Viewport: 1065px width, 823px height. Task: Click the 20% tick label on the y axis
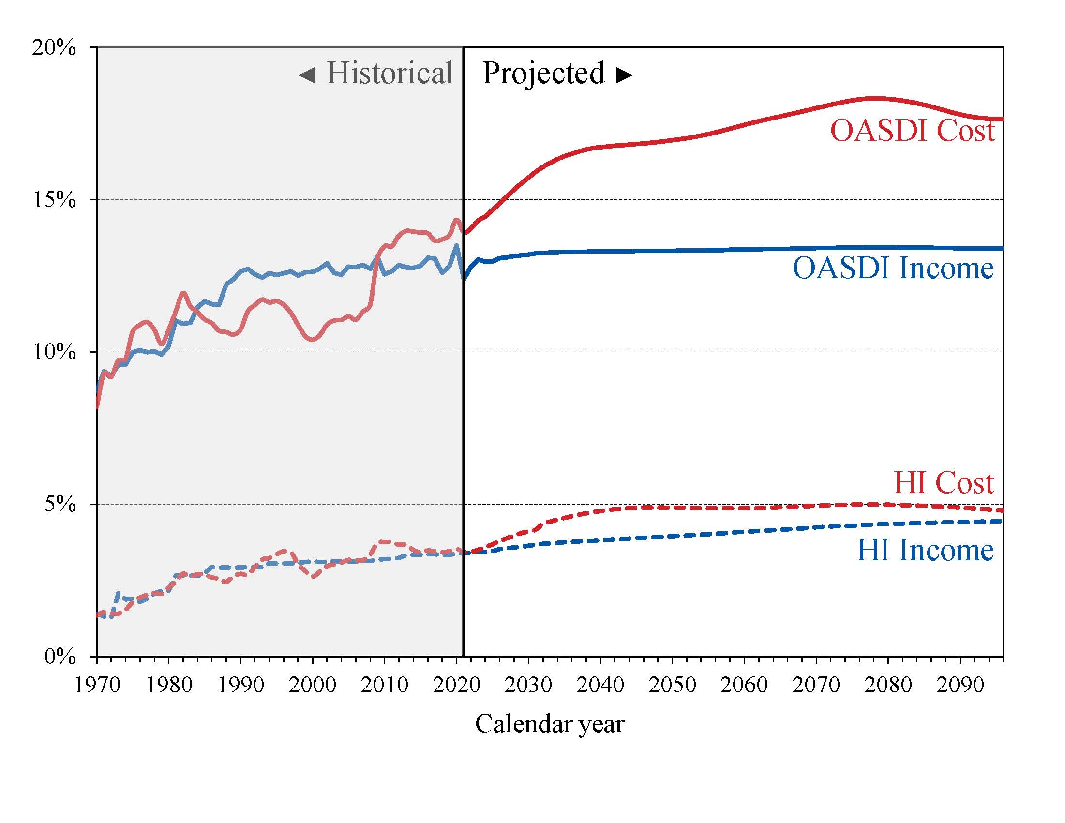tap(54, 48)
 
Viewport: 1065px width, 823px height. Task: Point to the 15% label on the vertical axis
tap(54, 200)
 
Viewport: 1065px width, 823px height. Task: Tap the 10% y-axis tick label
tap(54, 352)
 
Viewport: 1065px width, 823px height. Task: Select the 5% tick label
tap(60, 504)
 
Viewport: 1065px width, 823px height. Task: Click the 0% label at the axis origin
tap(60, 657)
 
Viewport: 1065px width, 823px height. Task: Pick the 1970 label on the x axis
tap(97, 685)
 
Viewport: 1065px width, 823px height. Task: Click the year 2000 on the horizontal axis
tap(313, 685)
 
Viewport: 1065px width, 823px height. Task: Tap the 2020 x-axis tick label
tap(456, 685)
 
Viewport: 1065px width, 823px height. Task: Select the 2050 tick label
tap(672, 685)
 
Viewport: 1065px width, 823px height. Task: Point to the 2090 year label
tap(960, 685)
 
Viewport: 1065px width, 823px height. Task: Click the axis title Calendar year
tap(550, 723)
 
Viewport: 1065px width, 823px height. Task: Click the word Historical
tap(390, 73)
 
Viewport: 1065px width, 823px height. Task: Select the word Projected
tap(543, 73)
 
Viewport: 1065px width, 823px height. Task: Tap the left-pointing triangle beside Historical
tap(307, 75)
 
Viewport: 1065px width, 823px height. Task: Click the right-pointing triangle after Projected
tap(624, 75)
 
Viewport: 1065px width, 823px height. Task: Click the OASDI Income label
tap(893, 268)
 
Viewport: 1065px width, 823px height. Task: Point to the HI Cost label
tap(944, 483)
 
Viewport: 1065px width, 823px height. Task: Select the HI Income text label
tap(925, 550)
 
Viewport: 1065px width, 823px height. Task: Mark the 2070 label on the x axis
tap(816, 685)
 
